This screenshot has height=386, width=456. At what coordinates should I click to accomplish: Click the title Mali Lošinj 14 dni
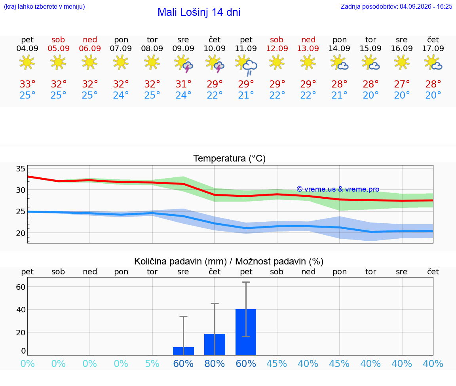(x=199, y=12)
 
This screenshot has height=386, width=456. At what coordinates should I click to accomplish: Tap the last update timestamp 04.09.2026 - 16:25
(x=426, y=6)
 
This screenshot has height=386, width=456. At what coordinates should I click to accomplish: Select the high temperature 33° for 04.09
(x=27, y=84)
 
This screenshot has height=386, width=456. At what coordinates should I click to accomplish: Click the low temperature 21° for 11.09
(x=246, y=95)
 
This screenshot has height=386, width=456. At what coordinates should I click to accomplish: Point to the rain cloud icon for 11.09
(x=246, y=65)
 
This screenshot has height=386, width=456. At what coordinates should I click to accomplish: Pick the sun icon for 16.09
(x=402, y=63)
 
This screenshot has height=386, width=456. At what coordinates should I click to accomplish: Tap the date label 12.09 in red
(x=277, y=48)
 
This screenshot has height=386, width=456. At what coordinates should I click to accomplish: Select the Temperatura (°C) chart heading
(x=230, y=158)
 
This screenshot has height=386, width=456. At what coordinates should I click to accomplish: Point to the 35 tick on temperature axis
(x=21, y=169)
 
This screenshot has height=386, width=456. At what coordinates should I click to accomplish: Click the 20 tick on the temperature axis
(x=21, y=233)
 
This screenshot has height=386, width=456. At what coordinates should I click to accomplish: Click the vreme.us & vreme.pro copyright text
(x=338, y=189)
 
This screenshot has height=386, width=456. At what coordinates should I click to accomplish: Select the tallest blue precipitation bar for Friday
(x=246, y=332)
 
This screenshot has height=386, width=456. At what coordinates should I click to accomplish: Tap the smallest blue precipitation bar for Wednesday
(x=184, y=351)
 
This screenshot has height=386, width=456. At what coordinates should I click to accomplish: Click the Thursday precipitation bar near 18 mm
(x=215, y=344)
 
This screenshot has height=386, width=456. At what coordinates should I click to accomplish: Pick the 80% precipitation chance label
(x=215, y=363)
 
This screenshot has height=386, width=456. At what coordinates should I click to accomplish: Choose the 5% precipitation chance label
(x=152, y=363)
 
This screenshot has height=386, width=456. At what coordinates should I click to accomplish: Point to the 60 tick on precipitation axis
(x=21, y=287)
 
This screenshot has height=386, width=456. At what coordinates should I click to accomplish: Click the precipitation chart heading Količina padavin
(x=180, y=261)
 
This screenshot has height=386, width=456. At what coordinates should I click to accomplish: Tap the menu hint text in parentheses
(x=44, y=6)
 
